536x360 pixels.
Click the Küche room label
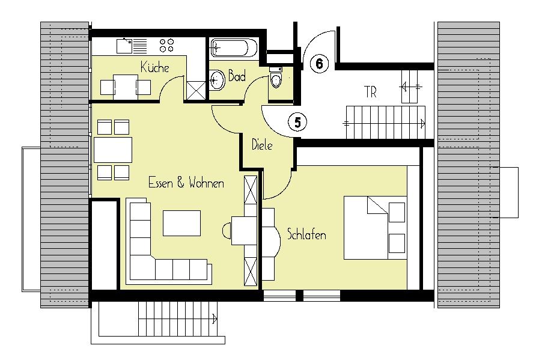tap(155, 67)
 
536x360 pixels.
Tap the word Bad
tap(237, 76)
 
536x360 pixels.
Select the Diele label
tap(262, 145)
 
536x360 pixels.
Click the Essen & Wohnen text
tap(186, 183)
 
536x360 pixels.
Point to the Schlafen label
tap(306, 234)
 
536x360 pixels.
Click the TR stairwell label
tap(371, 92)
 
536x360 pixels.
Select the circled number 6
tap(319, 64)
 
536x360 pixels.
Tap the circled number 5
tap(297, 122)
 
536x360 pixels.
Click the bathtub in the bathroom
tap(234, 48)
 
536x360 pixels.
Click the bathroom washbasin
tap(217, 80)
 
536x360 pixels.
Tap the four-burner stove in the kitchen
tap(166, 46)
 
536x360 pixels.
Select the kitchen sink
tap(132, 46)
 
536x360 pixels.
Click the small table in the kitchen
tap(126, 87)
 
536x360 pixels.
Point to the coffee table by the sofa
tap(181, 223)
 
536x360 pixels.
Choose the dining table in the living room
tap(113, 150)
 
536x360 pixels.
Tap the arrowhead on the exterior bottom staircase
tap(215, 319)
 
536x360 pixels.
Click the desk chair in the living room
tap(227, 231)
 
